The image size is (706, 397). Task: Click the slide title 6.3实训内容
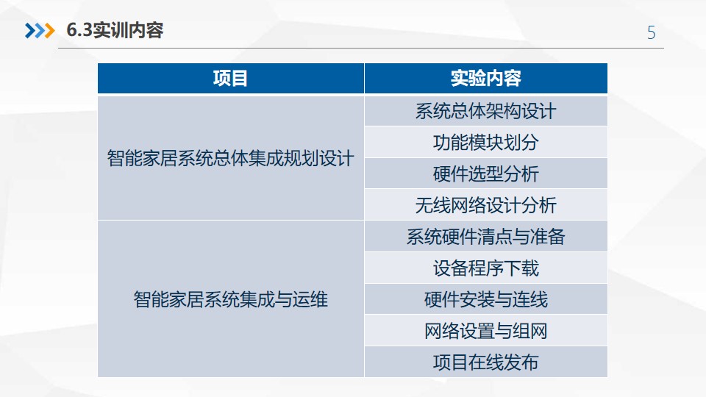pyautogui.click(x=115, y=31)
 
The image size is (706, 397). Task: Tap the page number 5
pyautogui.click(x=651, y=33)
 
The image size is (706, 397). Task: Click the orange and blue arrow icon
pyautogui.click(x=40, y=31)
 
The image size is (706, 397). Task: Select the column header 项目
pyautogui.click(x=230, y=79)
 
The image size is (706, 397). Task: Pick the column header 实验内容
pyautogui.click(x=486, y=79)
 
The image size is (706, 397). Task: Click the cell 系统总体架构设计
pyautogui.click(x=486, y=111)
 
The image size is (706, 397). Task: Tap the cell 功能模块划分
pyautogui.click(x=486, y=143)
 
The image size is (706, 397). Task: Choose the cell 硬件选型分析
pyautogui.click(x=486, y=174)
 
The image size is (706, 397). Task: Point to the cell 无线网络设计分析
pyautogui.click(x=486, y=205)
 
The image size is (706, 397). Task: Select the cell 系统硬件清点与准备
pyautogui.click(x=486, y=237)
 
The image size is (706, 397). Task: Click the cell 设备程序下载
pyautogui.click(x=486, y=268)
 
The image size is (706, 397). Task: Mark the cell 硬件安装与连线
pyautogui.click(x=486, y=299)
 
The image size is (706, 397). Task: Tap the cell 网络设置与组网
pyautogui.click(x=486, y=331)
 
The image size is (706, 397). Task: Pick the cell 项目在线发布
pyautogui.click(x=486, y=362)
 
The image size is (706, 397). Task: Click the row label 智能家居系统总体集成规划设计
pyautogui.click(x=230, y=159)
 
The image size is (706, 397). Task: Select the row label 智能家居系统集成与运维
pyautogui.click(x=230, y=299)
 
